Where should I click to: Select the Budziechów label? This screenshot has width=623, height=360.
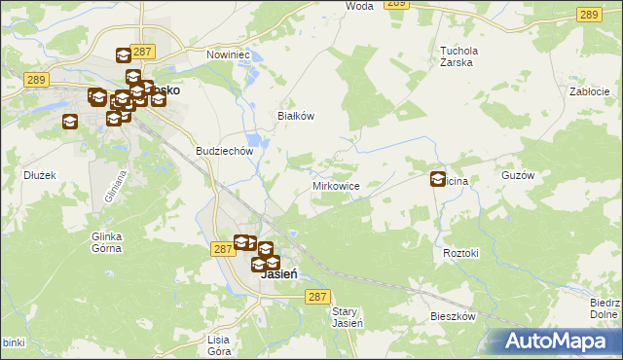[x=225, y=151]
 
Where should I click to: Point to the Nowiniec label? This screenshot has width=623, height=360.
[x=229, y=54]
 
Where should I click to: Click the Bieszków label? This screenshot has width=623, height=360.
[x=453, y=317]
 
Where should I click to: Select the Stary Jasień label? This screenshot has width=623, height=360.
[x=348, y=317]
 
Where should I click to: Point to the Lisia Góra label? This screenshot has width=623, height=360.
[x=218, y=344]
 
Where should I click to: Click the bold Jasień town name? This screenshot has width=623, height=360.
[x=279, y=275]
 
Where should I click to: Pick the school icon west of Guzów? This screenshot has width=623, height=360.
[x=438, y=179]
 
